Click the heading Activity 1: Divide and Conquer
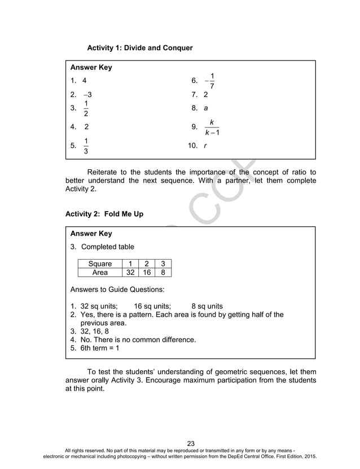139,48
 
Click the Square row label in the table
100,264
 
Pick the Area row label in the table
100,273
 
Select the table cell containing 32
130,273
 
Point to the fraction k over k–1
211,127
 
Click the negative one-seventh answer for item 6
209,81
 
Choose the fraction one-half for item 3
86,108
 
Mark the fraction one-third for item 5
86,146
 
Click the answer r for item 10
205,146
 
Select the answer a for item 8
205,107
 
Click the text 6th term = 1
99,348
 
